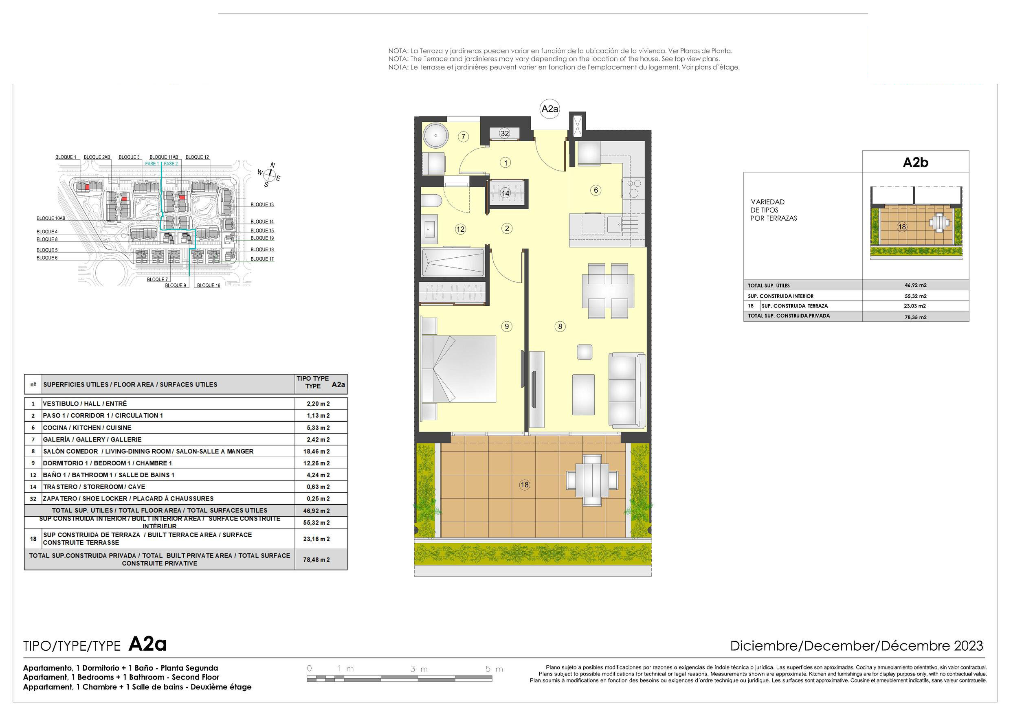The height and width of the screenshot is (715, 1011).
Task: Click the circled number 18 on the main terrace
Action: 524,485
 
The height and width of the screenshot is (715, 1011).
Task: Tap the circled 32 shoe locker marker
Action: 505,134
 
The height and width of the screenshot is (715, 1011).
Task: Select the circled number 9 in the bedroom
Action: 507,326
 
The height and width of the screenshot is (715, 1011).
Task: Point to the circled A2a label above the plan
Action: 549,109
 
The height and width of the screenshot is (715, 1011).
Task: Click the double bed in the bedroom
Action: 458,369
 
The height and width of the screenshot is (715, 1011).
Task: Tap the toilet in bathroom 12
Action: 431,201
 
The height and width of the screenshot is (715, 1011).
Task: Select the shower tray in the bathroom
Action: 453,262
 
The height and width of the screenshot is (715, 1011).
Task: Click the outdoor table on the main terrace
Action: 593,480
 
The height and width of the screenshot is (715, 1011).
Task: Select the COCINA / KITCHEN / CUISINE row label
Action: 87,428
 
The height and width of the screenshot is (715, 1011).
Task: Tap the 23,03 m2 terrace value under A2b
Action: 915,306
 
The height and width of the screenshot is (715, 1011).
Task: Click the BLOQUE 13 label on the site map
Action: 262,204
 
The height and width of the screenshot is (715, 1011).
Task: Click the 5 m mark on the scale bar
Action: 494,669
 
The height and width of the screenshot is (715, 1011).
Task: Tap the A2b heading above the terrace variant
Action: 915,162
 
